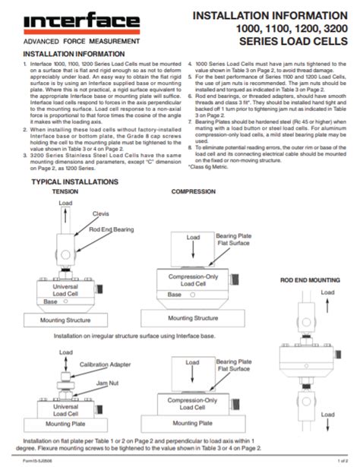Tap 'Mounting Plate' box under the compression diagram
point(193,429)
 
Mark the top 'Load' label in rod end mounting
point(327,292)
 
